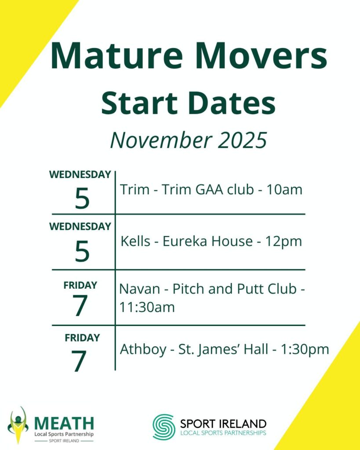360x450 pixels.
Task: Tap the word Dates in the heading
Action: pyautogui.click(x=233, y=102)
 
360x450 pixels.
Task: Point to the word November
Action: pyautogui.click(x=161, y=140)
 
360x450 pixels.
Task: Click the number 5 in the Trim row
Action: pyautogui.click(x=82, y=198)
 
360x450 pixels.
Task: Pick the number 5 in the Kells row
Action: pyautogui.click(x=82, y=251)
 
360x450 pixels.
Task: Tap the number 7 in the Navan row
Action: pyautogui.click(x=80, y=306)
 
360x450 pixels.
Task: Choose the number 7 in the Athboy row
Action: pyautogui.click(x=79, y=361)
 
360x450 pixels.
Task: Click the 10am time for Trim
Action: pyautogui.click(x=284, y=190)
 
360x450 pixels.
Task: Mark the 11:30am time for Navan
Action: pyautogui.click(x=147, y=307)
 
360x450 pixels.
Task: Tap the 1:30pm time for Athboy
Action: pyautogui.click(x=305, y=349)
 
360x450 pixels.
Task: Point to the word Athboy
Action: pyautogui.click(x=143, y=349)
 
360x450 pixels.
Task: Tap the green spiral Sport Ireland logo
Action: pyautogui.click(x=164, y=427)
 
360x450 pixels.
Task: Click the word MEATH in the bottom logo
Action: pyautogui.click(x=64, y=423)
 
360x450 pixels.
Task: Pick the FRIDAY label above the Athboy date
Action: pyautogui.click(x=82, y=338)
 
